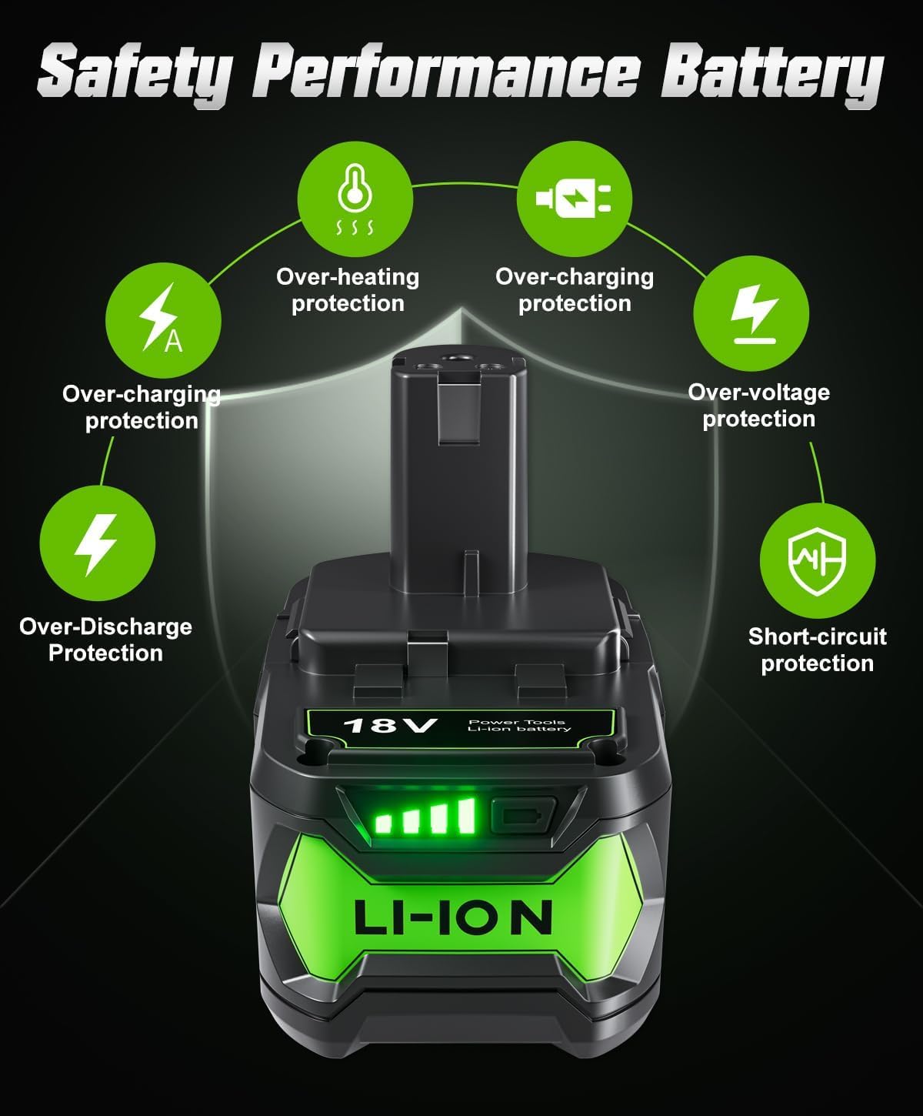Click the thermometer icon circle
pos(355,199)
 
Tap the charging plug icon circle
pos(575,199)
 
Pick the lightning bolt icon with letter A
pos(163,320)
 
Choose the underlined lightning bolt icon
pos(751,313)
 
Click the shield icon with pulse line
pos(817,560)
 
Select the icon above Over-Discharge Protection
pos(97,543)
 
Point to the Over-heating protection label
pos(348,290)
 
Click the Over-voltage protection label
pos(758,406)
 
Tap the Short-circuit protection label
pos(817,650)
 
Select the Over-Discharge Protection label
pos(106,640)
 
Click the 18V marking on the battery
pos(390,725)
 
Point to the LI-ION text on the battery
pos(453,917)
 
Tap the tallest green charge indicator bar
pos(467,816)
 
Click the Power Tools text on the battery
pos(517,722)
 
